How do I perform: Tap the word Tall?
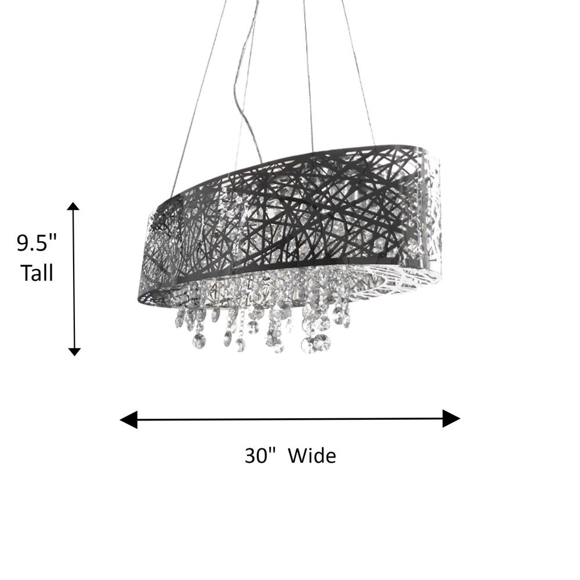coord(37,273)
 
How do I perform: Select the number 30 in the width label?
coord(256,455)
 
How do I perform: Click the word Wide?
coord(312,455)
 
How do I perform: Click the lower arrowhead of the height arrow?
coord(74,351)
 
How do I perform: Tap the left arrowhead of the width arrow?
coord(129,419)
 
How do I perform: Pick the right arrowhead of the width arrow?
coord(451,418)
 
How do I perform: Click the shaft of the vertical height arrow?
coord(74,279)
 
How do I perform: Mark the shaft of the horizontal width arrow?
coord(290,419)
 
